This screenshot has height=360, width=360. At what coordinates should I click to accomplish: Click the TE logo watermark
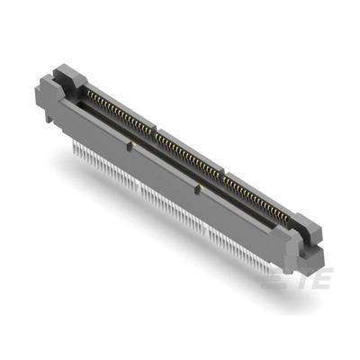point(298,281)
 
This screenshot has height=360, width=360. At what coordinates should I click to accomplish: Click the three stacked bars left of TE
point(274,281)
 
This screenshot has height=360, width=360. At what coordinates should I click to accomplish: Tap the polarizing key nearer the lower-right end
point(196,188)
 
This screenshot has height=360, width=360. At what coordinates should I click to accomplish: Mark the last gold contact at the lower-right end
point(289,215)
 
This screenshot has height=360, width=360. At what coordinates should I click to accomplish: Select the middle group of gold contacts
point(189,153)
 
